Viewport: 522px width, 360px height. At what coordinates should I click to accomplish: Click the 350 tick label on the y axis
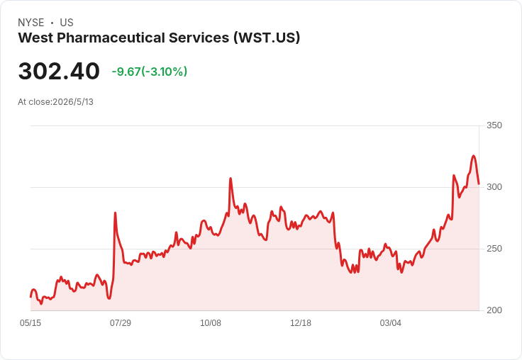494,125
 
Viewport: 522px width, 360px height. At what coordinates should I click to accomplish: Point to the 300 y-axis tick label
494,187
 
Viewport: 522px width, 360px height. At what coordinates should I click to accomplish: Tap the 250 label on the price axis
494,249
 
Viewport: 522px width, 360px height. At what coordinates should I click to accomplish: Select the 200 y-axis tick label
494,310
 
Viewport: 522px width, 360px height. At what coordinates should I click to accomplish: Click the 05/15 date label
30,322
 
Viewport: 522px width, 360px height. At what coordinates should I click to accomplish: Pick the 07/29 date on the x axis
121,322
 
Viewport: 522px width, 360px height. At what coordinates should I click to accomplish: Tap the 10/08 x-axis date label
211,322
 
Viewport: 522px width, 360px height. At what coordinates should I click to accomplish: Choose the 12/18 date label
301,322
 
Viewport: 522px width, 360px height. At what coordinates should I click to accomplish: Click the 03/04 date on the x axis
391,322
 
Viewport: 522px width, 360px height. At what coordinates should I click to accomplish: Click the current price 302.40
59,71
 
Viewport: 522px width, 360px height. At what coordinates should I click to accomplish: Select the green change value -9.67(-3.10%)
150,72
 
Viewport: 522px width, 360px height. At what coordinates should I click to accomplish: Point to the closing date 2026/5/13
73,102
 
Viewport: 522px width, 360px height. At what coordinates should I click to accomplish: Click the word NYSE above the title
31,23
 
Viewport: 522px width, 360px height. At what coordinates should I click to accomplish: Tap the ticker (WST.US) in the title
267,38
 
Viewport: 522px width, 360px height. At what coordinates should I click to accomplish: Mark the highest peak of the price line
473,156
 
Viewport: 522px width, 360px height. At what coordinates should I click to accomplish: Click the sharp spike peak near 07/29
115,213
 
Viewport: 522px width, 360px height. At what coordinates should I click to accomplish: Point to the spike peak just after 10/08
231,179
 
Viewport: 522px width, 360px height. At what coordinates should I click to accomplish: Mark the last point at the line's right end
479,184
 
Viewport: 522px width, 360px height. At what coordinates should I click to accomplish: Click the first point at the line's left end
30,297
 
